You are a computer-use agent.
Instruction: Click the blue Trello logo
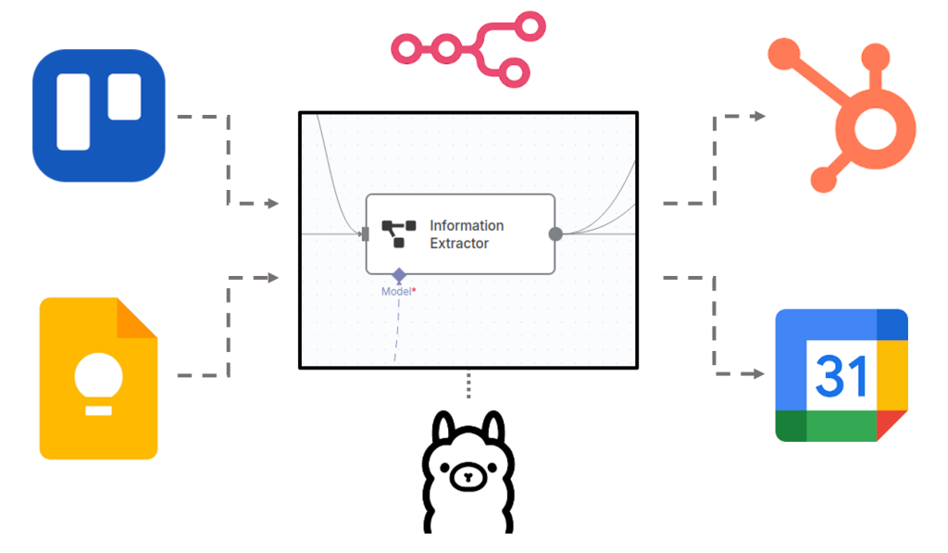click(99, 115)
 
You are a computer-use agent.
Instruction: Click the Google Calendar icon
click(842, 375)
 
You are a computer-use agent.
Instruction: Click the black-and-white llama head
click(468, 472)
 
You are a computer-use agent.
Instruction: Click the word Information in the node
click(467, 225)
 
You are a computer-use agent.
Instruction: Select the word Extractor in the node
click(459, 244)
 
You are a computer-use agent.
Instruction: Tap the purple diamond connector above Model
click(399, 275)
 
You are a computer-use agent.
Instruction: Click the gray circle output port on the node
click(555, 233)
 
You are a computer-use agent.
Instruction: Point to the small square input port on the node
click(366, 233)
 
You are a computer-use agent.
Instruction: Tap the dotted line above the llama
click(468, 385)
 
